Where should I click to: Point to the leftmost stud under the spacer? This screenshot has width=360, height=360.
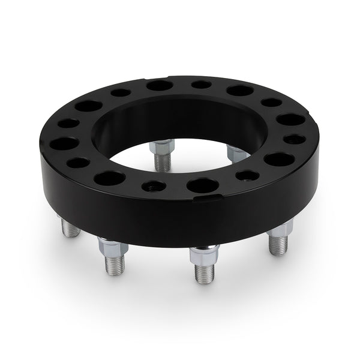(70, 227)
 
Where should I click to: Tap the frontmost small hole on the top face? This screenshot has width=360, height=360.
(154, 186)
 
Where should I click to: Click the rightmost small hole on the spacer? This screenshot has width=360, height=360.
(295, 139)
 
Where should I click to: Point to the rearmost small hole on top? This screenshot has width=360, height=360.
(201, 85)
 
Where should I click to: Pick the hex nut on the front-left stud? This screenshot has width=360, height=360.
(110, 245)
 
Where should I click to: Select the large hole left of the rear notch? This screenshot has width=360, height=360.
(160, 85)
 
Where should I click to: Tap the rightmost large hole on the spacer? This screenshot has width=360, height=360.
(279, 160)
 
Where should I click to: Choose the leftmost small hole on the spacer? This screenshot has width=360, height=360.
(68, 124)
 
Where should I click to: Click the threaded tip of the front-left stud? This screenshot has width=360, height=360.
(114, 264)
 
